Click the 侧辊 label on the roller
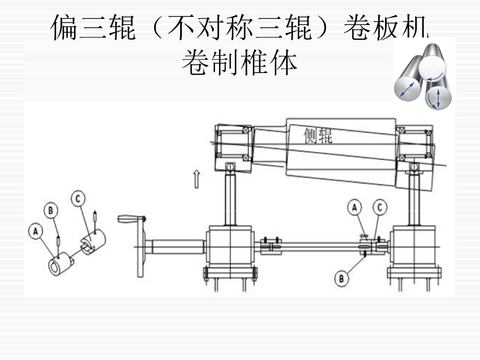click(317, 136)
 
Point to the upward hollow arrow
click(196, 179)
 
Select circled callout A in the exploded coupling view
click(35, 231)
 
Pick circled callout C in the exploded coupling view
click(77, 199)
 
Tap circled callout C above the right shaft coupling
click(379, 207)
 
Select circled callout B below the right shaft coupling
click(342, 278)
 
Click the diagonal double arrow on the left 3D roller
click(407, 90)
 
